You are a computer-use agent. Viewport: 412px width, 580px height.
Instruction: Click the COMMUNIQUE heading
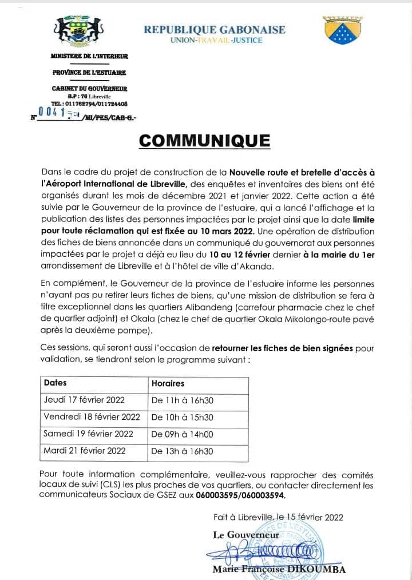coord(205,141)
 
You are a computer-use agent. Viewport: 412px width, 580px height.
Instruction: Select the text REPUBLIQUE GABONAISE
coord(214,30)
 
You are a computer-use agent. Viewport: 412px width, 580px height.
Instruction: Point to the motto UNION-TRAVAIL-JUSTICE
coord(216,41)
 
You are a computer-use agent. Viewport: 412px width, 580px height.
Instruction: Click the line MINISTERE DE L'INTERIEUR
coord(89,56)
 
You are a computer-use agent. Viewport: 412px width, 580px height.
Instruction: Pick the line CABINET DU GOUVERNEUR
coord(89,88)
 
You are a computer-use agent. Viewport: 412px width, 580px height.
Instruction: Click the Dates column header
coord(55,383)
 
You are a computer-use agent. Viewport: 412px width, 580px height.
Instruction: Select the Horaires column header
coord(168,383)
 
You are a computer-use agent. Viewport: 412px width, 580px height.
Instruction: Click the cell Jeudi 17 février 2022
coord(84,400)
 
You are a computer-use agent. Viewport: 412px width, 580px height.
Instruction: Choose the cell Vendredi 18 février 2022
coord(92,417)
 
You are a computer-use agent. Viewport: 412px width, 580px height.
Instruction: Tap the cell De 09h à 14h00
coord(182,434)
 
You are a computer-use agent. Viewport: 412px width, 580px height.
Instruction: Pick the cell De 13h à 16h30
coord(182,451)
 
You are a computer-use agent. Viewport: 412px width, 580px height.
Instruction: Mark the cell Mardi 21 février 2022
coord(84,451)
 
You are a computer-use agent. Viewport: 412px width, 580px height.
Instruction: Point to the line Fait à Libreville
coord(278,517)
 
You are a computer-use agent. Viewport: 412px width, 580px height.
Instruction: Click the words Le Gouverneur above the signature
coord(246,535)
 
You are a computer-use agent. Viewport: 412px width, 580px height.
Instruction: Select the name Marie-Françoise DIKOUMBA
coord(279,569)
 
